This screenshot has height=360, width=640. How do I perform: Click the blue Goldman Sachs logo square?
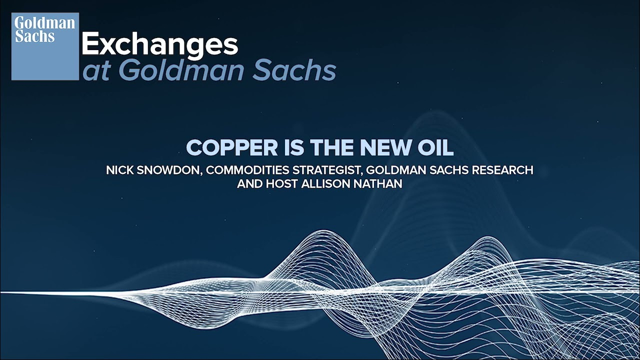point(45,46)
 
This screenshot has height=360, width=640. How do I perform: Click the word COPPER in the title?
point(231,147)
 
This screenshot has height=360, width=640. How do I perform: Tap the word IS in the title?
point(294,147)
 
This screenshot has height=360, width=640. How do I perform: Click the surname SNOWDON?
point(169,170)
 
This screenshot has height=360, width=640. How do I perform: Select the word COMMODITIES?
point(247,170)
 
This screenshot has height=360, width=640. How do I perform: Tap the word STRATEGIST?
point(327,170)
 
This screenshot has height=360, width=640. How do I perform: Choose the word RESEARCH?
point(502,170)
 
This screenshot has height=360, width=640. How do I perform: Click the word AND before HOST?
point(249,183)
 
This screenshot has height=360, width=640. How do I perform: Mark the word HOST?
point(282,183)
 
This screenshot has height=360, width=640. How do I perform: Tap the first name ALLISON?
point(325,183)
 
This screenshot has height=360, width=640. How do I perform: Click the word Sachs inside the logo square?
point(34,36)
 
